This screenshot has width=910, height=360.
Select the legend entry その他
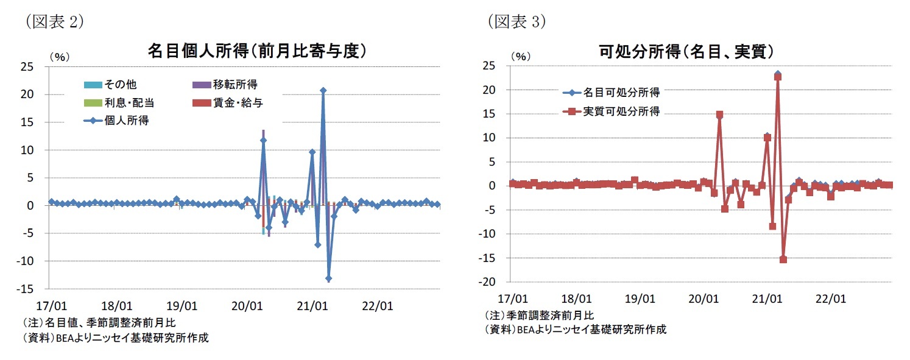tap(121, 84)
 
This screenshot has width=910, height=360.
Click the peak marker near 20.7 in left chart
tap(323, 90)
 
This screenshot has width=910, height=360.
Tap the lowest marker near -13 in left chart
tap(328, 278)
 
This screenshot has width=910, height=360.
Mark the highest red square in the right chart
tap(778, 77)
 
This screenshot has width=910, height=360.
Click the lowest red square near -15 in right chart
tap(783, 259)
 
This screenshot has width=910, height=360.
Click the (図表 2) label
tap(55, 22)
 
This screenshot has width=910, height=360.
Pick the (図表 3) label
tap(517, 22)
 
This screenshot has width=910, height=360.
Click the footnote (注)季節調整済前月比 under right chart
tap(539, 315)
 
